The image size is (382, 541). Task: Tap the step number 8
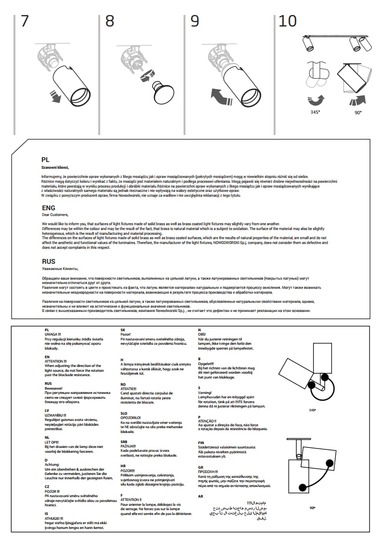click(x=110, y=21)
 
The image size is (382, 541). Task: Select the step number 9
click(x=195, y=21)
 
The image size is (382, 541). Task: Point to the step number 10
click(x=288, y=21)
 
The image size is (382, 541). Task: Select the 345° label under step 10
click(x=315, y=112)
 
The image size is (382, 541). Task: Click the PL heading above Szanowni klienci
click(x=45, y=159)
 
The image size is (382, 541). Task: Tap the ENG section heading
click(x=48, y=208)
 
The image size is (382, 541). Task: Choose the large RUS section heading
click(x=49, y=262)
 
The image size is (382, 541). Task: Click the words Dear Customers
click(x=55, y=215)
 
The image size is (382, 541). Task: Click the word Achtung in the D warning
click(x=52, y=464)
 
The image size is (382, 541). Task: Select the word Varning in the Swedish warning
click(x=205, y=392)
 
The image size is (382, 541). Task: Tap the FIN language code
click(x=201, y=442)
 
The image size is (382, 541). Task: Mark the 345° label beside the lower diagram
click(x=312, y=410)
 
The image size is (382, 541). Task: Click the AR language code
click(x=200, y=496)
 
